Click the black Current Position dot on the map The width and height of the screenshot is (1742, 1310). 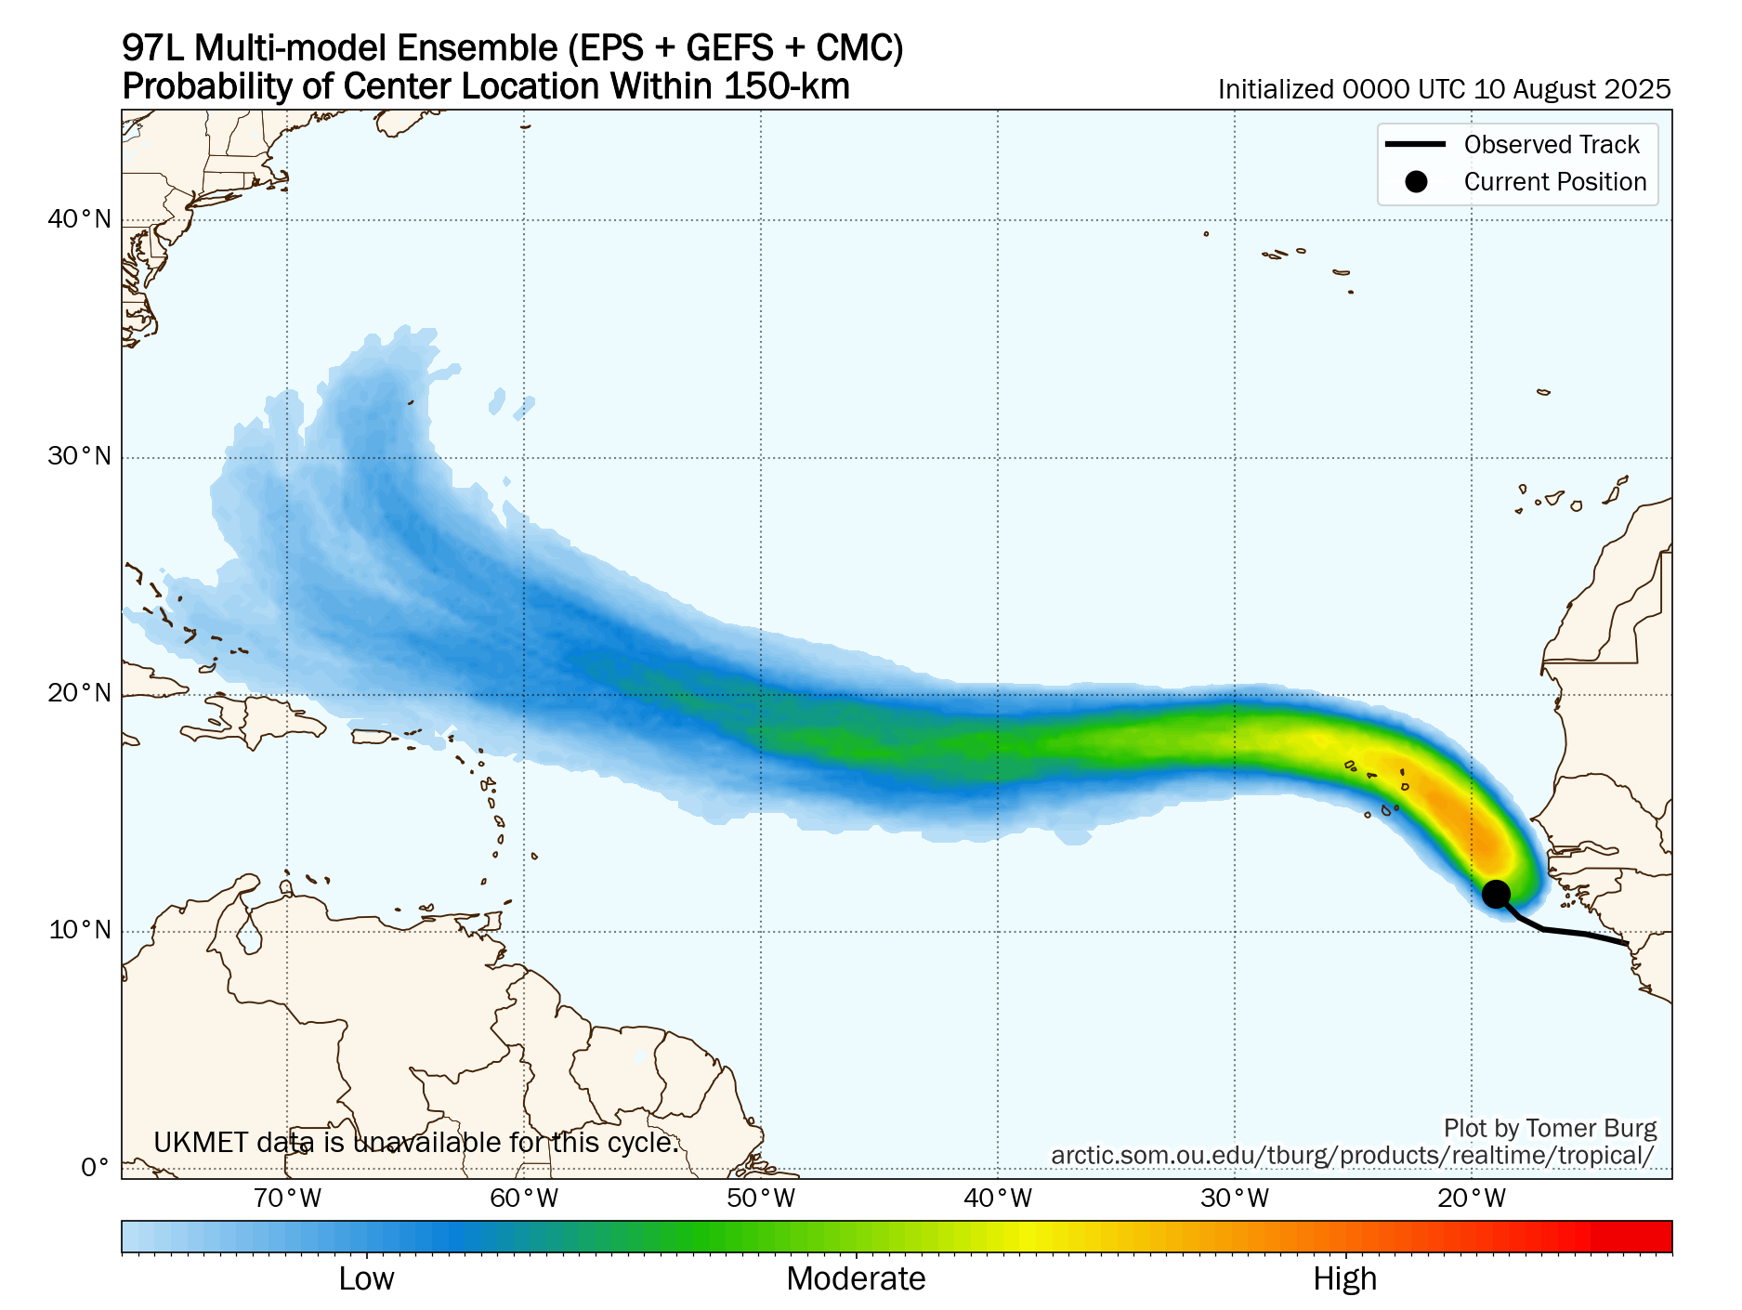[1495, 894]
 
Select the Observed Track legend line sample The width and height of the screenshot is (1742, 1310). [1415, 144]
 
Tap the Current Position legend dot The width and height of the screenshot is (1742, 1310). [1415, 181]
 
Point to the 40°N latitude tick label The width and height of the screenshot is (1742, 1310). [79, 219]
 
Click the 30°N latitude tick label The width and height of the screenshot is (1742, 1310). [79, 456]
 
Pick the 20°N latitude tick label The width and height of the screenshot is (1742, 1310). [79, 693]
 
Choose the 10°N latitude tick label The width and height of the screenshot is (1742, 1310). [79, 930]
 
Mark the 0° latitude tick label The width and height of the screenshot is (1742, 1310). [95, 1168]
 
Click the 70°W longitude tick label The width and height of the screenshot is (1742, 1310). [287, 1199]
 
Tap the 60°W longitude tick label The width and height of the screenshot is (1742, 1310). [524, 1199]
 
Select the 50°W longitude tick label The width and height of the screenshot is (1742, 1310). [761, 1199]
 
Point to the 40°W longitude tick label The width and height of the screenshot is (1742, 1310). [998, 1199]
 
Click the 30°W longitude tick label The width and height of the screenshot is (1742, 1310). [1235, 1199]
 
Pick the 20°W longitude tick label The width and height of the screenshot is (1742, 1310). [1472, 1199]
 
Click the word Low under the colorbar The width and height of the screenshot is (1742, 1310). [366, 1279]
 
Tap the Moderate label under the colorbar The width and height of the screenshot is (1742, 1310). [856, 1279]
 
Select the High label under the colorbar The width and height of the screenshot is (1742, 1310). [1344, 1279]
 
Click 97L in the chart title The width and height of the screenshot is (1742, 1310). [153, 48]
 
